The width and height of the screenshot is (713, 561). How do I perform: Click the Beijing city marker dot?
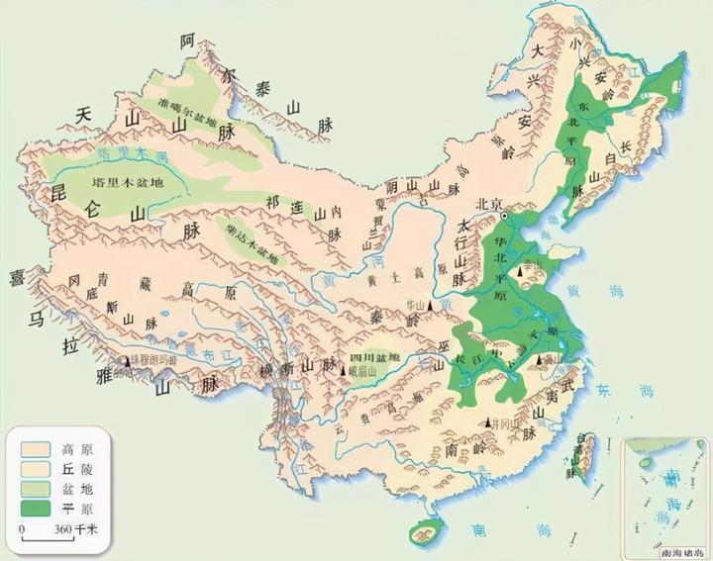[x=503, y=215]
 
